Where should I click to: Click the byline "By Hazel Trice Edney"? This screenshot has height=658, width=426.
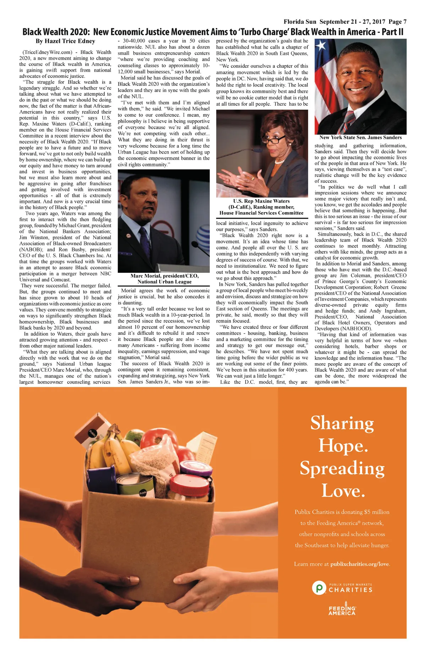point(65,41)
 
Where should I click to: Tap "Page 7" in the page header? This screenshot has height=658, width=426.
point(398,22)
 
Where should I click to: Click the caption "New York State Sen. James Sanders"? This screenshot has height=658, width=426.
point(360,138)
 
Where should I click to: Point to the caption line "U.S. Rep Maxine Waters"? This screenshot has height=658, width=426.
point(261,201)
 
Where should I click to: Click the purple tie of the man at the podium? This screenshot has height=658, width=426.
point(144,239)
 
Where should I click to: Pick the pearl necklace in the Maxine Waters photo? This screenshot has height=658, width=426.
point(280,162)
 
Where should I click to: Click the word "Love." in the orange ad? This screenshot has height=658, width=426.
point(343,491)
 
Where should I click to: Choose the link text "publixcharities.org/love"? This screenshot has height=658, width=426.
point(360,564)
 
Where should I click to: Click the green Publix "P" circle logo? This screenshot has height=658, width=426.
point(319,588)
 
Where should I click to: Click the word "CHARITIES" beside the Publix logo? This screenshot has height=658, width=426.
point(350,590)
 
